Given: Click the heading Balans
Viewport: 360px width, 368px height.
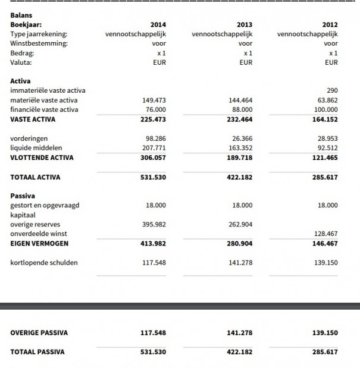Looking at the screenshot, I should click(21, 15).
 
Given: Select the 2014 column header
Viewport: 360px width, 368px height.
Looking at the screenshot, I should click(158, 24).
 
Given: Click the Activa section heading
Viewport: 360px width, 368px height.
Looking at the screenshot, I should click(21, 81).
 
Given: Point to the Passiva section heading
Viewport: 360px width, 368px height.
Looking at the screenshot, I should click(23, 195).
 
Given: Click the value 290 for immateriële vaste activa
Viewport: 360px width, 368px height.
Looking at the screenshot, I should click(332, 90).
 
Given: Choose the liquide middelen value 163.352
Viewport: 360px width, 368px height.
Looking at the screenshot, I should click(240, 147).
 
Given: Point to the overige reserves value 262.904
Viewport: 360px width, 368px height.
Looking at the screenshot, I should click(240, 224).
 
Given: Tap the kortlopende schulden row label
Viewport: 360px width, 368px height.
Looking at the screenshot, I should click(44, 262).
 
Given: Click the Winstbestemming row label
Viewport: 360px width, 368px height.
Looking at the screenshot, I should click(39, 43).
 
